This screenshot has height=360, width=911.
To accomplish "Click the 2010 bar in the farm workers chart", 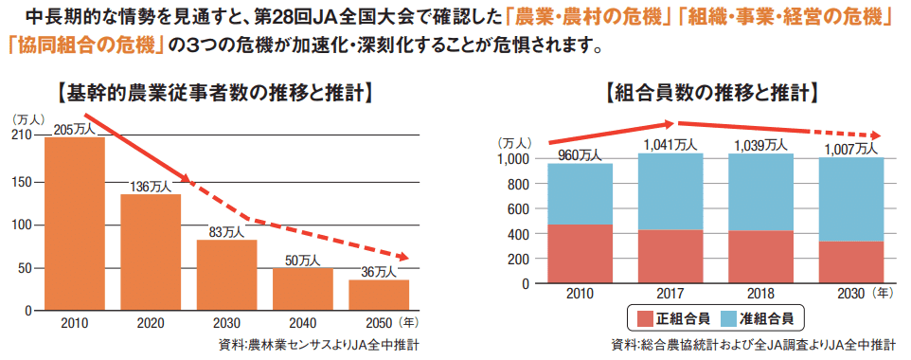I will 75,224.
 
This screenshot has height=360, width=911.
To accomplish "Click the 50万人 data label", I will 303,260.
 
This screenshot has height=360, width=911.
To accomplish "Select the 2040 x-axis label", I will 303,323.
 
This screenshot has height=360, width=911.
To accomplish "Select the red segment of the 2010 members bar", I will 580,254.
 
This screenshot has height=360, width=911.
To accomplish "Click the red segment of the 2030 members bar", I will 850,262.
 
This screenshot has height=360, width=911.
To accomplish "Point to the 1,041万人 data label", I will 670,144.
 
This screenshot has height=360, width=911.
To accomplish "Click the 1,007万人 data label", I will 850,149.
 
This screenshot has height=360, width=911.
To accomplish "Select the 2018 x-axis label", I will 760,296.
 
